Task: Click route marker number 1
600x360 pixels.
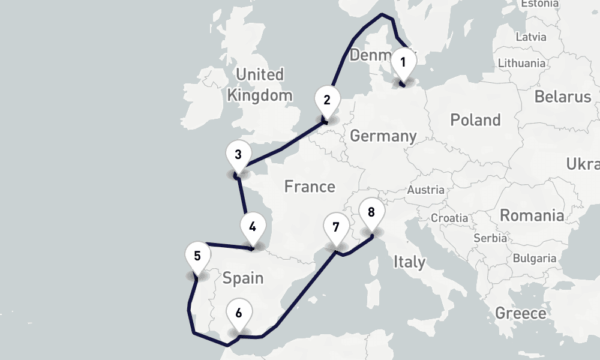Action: (403, 63)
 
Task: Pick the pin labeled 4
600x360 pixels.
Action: (253, 228)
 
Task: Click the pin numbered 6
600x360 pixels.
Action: (239, 314)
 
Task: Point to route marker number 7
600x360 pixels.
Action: (335, 228)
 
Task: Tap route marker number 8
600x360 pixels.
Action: (371, 213)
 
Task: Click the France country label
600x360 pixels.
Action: (310, 187)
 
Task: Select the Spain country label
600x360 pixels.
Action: (243, 278)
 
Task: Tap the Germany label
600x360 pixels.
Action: (383, 136)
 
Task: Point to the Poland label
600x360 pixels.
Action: (475, 120)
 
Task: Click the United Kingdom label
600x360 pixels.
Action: (260, 85)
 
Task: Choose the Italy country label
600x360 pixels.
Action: (409, 262)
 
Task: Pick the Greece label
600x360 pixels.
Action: (520, 313)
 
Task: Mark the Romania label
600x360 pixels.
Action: (532, 215)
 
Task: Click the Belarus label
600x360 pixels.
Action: (563, 97)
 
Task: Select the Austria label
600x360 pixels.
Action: (425, 190)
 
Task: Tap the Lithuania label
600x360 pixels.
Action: (521, 63)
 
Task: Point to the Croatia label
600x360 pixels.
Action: (449, 218)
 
